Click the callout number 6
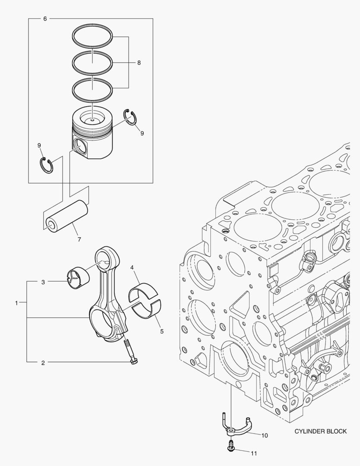pyautogui.click(x=45, y=19)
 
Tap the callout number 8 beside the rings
pyautogui.click(x=139, y=63)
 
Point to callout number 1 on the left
pyautogui.click(x=16, y=303)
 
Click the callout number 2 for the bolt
pyautogui.click(x=43, y=362)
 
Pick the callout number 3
pyautogui.click(x=43, y=282)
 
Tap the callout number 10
pyautogui.click(x=265, y=435)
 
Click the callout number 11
pyautogui.click(x=254, y=453)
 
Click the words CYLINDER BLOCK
pyautogui.click(x=320, y=431)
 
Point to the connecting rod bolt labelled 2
pyautogui.click(x=130, y=352)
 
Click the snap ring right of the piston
pyautogui.click(x=130, y=116)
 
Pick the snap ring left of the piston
pyautogui.click(x=47, y=165)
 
